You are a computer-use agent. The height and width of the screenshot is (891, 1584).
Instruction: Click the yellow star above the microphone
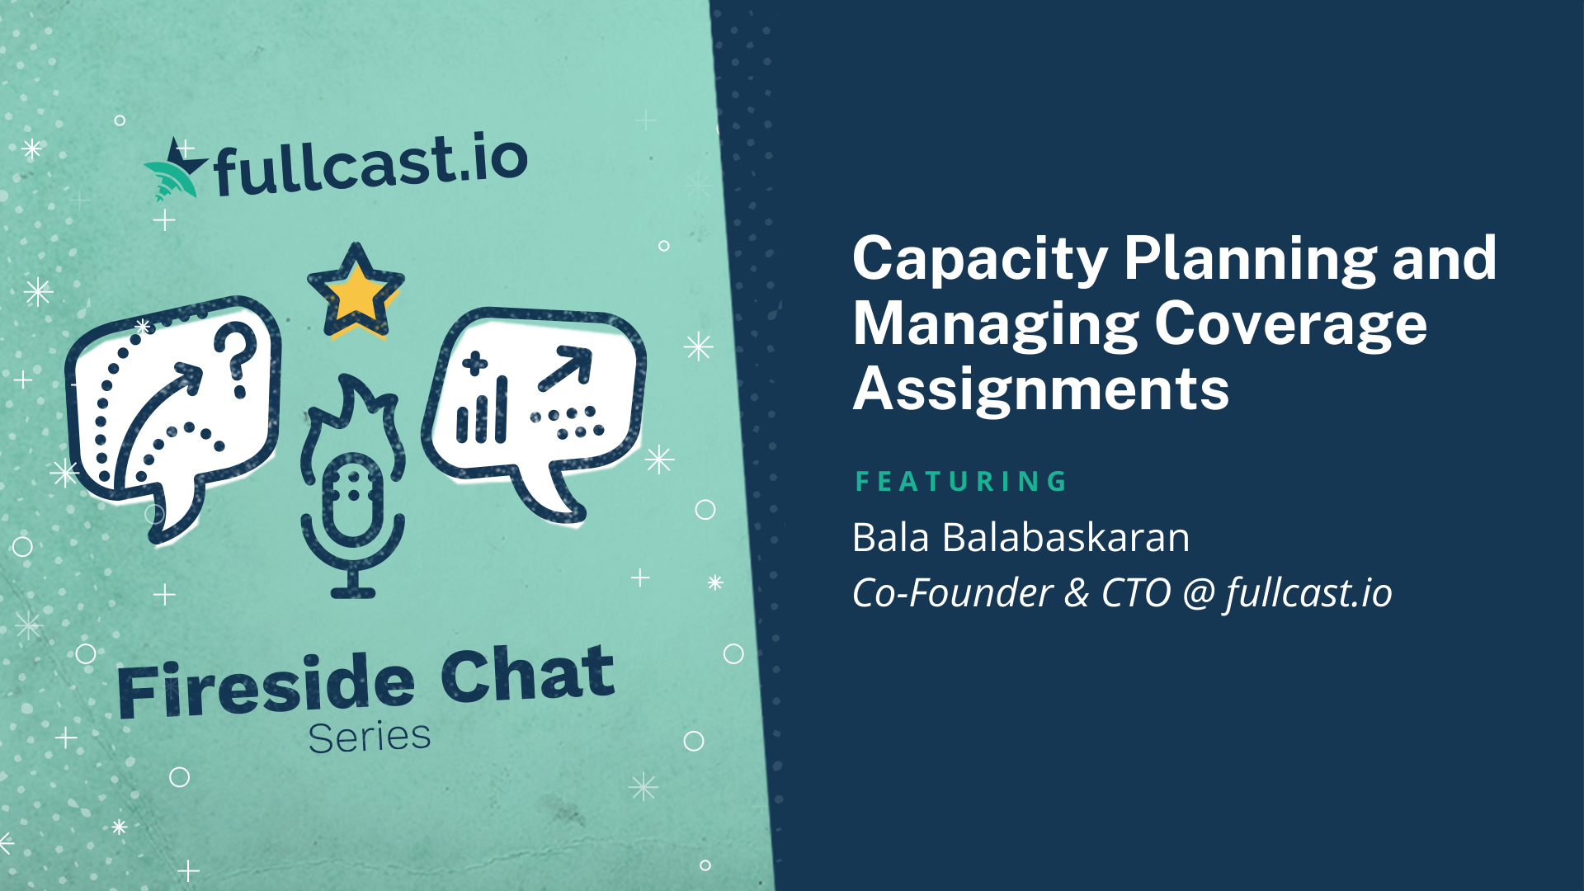click(356, 290)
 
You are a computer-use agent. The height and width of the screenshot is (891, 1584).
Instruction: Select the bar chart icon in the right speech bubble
click(482, 410)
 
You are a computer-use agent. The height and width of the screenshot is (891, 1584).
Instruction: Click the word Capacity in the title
click(980, 260)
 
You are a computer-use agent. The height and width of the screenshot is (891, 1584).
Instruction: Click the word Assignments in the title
click(1041, 390)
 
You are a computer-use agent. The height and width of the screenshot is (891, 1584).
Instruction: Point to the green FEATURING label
click(961, 481)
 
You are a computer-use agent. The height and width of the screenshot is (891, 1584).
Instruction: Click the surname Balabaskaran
click(1066, 538)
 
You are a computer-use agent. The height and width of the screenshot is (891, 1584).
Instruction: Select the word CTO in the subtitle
click(1136, 593)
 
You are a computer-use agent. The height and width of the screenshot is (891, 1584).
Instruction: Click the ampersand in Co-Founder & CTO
click(1077, 593)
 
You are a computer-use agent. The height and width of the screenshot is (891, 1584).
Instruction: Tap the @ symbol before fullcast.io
click(1198, 594)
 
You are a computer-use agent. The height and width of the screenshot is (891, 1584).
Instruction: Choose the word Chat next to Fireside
click(528, 674)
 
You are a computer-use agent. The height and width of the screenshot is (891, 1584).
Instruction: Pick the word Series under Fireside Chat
click(370, 738)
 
